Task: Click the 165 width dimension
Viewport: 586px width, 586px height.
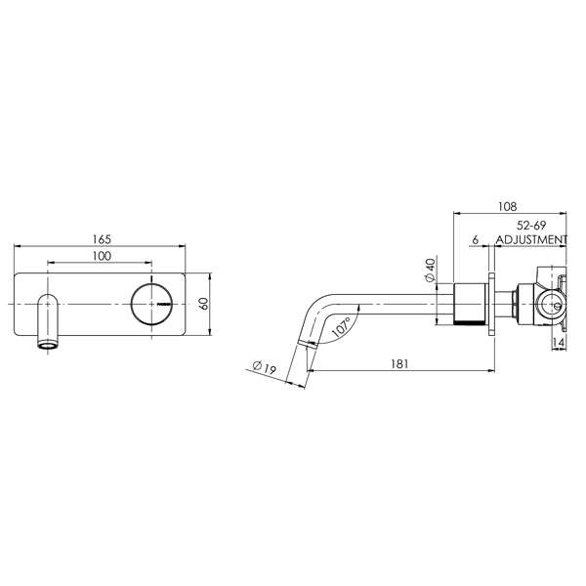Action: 102,239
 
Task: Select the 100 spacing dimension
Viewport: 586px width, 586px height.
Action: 102,256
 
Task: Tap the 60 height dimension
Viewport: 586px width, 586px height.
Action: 204,304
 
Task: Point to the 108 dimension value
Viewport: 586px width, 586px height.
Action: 507,206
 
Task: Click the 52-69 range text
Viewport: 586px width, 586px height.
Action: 531,226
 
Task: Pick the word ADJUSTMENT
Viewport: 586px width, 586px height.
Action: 531,239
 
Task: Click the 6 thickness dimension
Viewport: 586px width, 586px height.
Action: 475,239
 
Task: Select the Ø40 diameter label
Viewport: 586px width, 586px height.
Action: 430,270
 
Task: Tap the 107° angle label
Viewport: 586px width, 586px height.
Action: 341,327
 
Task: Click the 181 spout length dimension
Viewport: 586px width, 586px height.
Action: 399,363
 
